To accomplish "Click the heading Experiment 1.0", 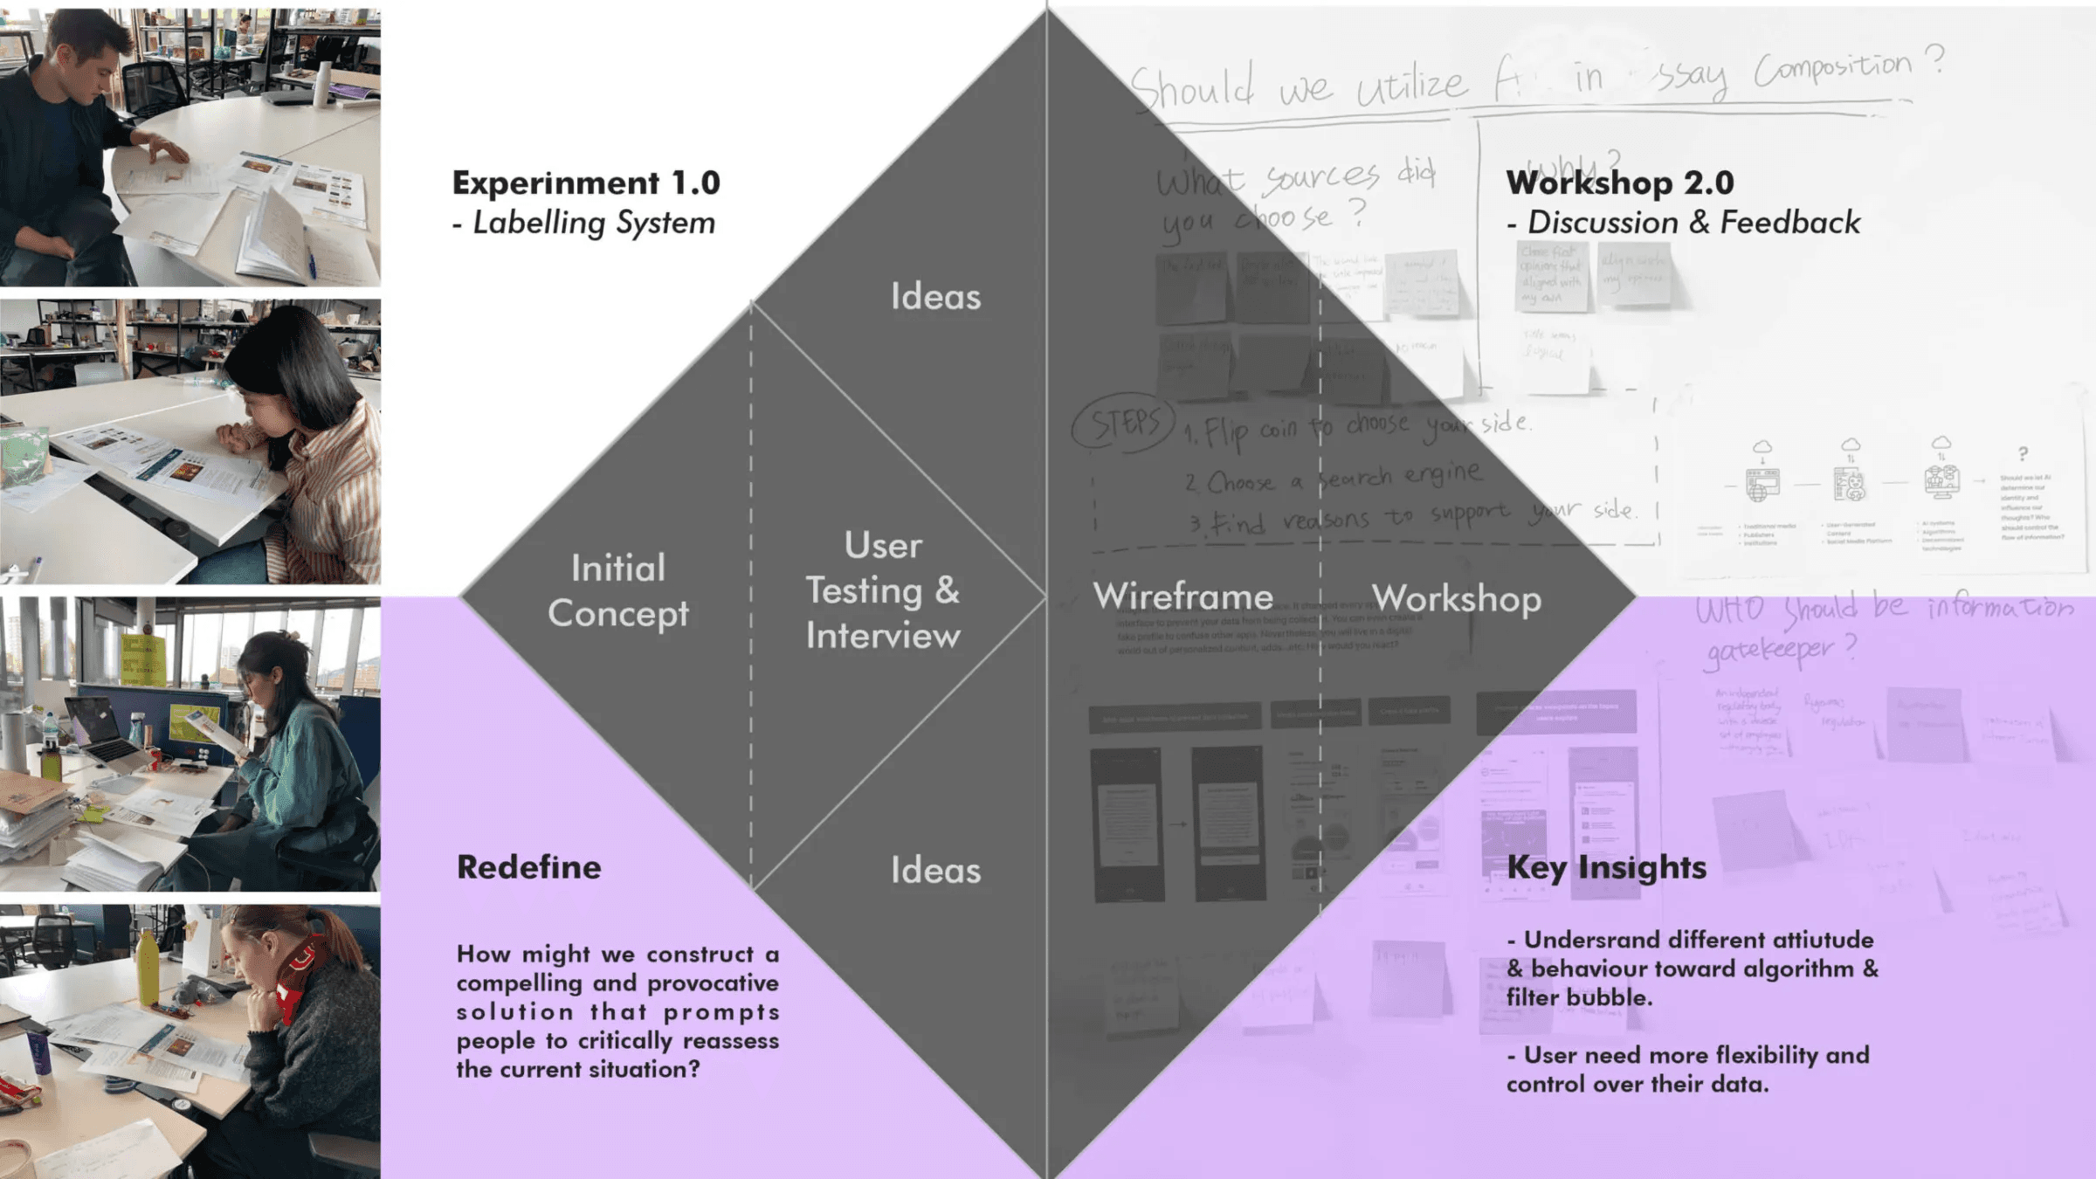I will [586, 183].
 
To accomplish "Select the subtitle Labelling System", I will [593, 224].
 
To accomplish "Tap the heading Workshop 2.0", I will [1619, 183].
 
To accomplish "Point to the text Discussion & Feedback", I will [1693, 223].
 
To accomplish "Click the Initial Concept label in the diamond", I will [618, 591].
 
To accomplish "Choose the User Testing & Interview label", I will [882, 591].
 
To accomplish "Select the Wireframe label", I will [1182, 597].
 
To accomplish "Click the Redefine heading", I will [529, 867].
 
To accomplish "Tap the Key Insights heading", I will [1606, 867].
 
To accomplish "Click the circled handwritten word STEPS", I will [1125, 424].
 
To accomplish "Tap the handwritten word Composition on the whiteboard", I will [1832, 70].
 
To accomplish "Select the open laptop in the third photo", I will [100, 729].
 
